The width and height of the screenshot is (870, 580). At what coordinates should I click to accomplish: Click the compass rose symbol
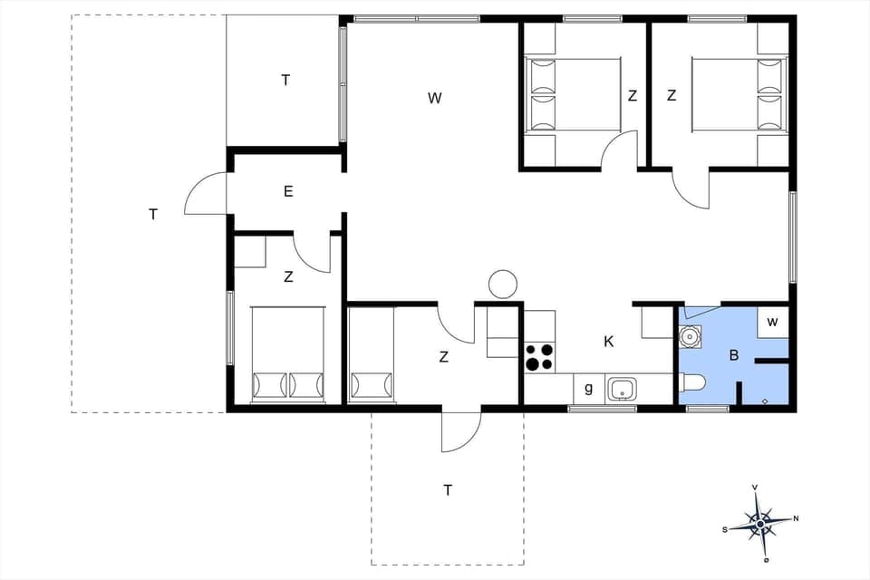(760, 523)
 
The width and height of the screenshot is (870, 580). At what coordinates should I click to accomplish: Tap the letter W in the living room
(435, 98)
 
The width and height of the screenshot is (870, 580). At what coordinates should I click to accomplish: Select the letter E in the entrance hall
(287, 191)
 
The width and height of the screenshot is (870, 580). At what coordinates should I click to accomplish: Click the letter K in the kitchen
(609, 342)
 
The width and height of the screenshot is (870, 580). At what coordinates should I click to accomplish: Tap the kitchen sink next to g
(623, 389)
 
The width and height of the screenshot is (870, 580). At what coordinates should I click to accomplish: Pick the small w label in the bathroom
(772, 322)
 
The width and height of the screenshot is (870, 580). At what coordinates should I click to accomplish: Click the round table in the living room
(502, 285)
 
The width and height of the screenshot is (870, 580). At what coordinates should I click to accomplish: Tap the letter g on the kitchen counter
(588, 389)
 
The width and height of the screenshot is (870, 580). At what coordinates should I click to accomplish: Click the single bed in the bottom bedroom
(372, 355)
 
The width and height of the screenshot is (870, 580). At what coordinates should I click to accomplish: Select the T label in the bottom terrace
(447, 490)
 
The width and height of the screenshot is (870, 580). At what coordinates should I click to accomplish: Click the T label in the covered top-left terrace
(285, 80)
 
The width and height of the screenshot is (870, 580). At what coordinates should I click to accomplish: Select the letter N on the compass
(796, 518)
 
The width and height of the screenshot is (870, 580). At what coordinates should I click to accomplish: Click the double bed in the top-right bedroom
(737, 95)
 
